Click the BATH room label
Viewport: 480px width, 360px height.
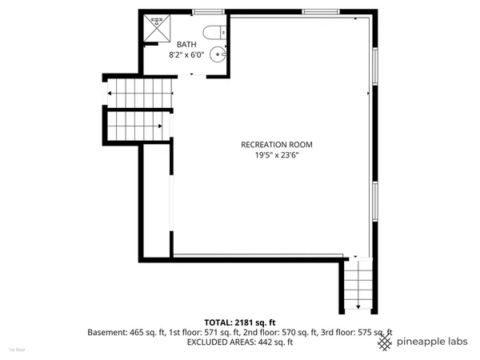point(186,44)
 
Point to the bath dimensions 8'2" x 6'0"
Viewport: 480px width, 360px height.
point(186,55)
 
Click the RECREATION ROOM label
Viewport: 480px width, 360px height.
point(277,145)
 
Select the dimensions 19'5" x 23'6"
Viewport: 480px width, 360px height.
point(277,156)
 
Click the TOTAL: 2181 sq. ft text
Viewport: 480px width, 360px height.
point(239,321)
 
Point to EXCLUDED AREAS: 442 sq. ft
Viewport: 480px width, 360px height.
point(240,342)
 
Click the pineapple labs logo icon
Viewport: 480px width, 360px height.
point(385,342)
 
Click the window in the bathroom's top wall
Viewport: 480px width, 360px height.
point(207,11)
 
